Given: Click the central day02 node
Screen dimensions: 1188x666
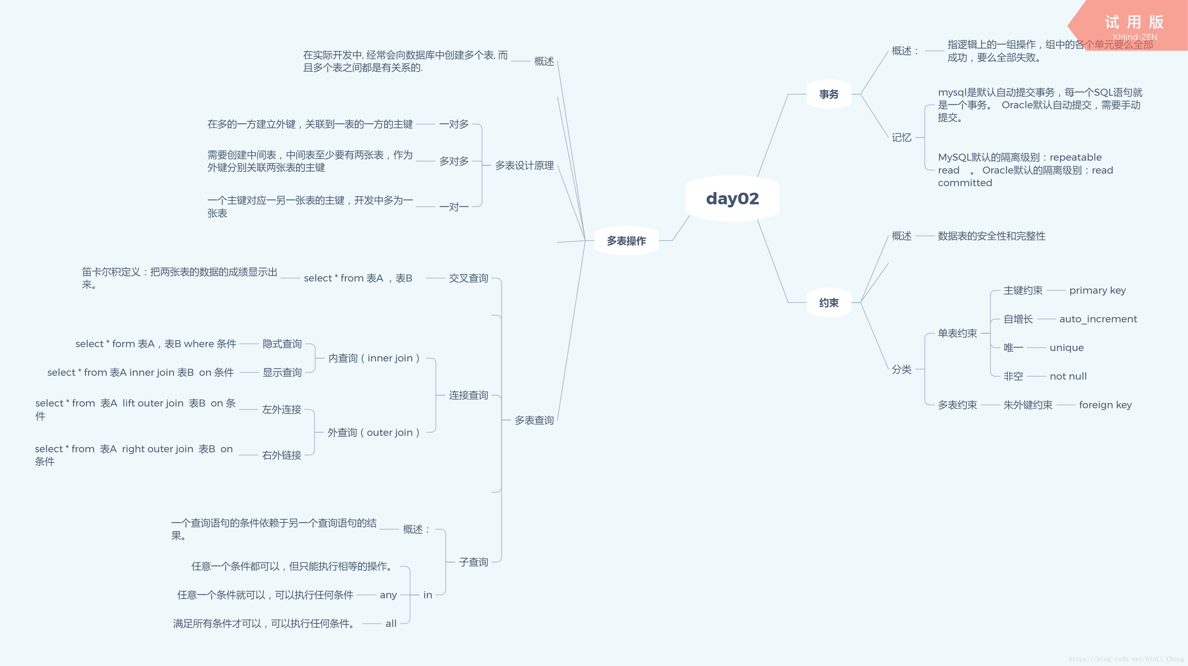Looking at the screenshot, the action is click(x=732, y=198).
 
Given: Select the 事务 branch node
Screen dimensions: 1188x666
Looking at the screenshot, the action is click(x=829, y=94).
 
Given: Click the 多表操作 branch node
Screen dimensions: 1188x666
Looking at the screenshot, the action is click(x=626, y=241).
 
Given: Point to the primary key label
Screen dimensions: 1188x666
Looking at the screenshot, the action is click(x=1097, y=291).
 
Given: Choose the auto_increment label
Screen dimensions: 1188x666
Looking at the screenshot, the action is click(x=1098, y=319).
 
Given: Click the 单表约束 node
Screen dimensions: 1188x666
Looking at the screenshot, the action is click(x=957, y=334).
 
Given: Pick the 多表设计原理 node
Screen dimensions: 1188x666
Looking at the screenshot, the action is click(x=524, y=166).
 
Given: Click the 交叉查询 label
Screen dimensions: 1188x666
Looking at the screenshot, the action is click(x=468, y=278).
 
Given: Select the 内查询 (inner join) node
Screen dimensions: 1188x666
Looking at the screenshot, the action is click(x=374, y=358).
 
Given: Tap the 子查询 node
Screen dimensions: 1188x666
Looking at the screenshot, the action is click(x=474, y=562).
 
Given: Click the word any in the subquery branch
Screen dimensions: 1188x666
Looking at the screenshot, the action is click(x=388, y=595).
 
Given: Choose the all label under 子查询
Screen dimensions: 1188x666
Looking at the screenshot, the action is click(x=391, y=624).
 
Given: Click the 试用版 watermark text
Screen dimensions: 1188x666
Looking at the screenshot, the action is click(x=1134, y=22).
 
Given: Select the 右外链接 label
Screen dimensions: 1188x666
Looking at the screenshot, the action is click(x=282, y=455).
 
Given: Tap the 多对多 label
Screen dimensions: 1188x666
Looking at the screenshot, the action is click(x=454, y=161).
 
